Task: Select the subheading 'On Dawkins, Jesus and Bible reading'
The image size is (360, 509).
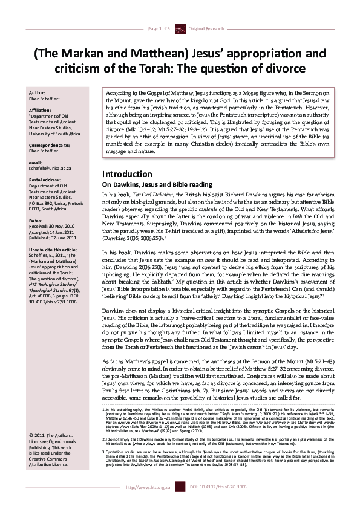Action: (149, 184)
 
